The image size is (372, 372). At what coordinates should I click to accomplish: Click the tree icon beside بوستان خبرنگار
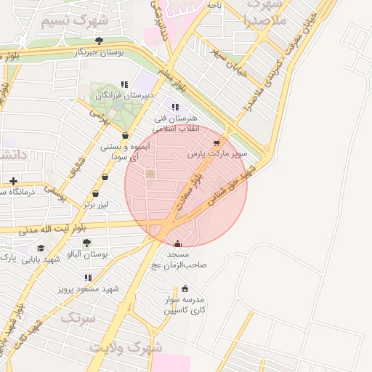click(99, 41)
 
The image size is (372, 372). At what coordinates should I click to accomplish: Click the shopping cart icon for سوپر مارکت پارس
click(217, 143)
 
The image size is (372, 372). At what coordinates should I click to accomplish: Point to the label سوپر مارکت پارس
click(217, 154)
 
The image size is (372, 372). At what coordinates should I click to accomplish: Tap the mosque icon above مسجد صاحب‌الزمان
click(178, 243)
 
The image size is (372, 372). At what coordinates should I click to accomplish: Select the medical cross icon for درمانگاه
click(13, 180)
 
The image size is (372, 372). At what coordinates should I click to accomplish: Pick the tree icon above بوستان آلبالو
click(86, 243)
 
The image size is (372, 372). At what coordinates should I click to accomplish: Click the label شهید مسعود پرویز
click(89, 288)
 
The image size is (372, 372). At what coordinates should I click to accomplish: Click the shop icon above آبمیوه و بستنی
click(126, 135)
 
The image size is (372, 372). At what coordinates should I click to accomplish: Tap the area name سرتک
click(78, 318)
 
